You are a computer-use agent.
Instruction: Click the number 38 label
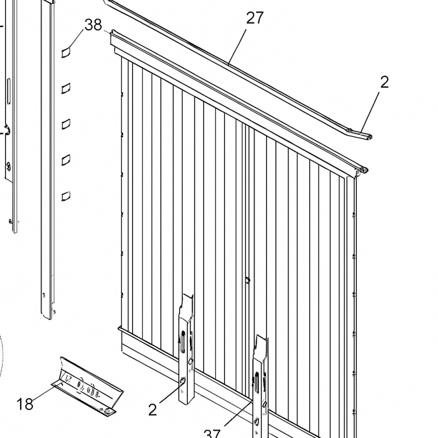coord(94,24)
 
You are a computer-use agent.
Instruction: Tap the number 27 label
coord(255,18)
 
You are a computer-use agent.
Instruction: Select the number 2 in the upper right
coord(384,82)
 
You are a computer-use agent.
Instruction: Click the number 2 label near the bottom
coord(153,409)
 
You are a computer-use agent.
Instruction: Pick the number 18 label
coord(25,404)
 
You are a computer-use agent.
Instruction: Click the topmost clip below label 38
coord(66,52)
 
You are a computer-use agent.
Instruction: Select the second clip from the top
coord(66,88)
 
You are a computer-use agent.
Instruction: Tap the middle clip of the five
coord(66,124)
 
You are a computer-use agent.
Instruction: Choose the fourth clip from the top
coord(66,159)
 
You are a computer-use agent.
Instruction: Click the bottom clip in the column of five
coord(66,194)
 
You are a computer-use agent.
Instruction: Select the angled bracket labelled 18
coord(90,383)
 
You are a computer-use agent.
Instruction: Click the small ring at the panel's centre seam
coord(247,280)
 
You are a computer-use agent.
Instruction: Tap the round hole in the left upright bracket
coord(183,381)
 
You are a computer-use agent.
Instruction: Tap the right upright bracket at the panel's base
coord(260,383)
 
